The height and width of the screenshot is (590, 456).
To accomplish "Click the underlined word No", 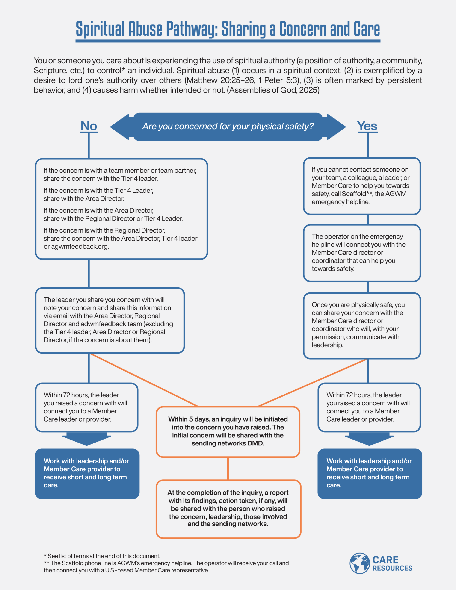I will (89, 126).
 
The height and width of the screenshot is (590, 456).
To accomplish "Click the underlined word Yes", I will (367, 126).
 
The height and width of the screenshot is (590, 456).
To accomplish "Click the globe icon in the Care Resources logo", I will (359, 563).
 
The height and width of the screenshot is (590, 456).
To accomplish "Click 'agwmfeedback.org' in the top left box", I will (80, 246).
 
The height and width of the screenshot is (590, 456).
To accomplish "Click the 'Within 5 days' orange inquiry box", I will (228, 431).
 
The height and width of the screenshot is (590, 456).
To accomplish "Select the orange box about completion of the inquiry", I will (228, 509).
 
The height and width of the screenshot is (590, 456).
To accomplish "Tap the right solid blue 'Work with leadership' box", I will (370, 473).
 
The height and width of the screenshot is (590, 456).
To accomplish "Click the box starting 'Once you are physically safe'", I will (362, 325).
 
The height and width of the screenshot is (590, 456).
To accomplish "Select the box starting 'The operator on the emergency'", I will (362, 253).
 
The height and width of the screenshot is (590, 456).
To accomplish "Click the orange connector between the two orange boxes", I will (228, 469).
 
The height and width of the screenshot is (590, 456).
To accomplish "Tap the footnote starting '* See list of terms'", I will (102, 556).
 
